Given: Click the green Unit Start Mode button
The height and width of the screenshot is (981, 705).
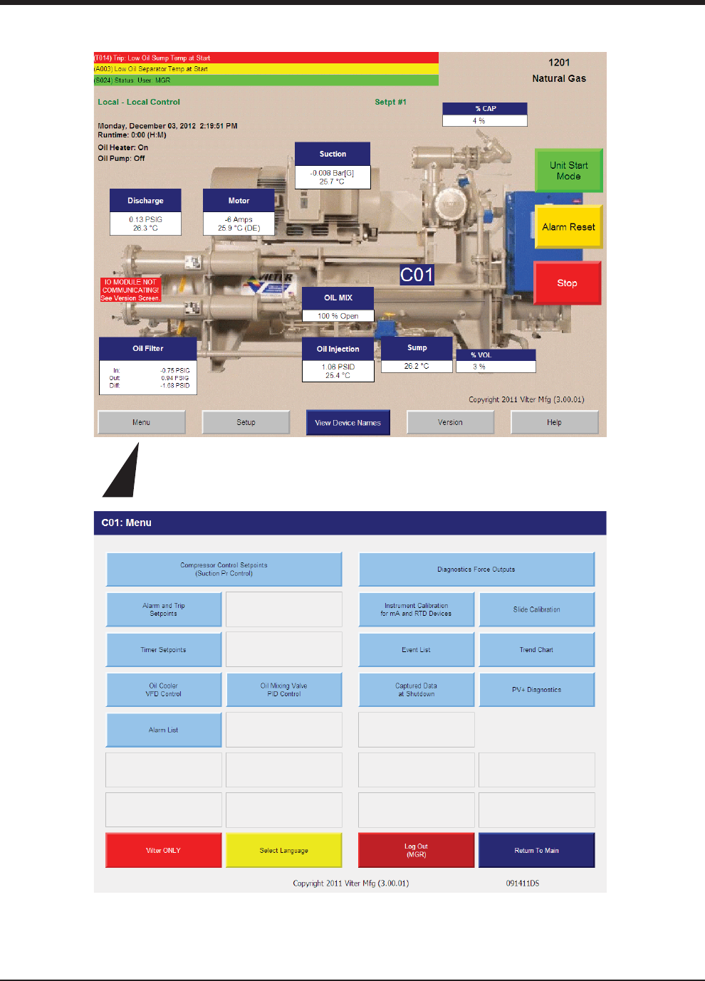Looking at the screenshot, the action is [x=568, y=171].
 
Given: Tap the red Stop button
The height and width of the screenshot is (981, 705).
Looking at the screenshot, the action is [x=567, y=283].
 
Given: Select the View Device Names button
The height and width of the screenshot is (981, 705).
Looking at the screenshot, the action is [x=348, y=423].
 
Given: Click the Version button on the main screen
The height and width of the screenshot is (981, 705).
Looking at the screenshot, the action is [x=450, y=423].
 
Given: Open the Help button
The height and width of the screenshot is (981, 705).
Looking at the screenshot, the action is [x=554, y=423].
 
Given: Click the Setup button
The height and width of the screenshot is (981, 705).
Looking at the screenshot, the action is [x=246, y=423].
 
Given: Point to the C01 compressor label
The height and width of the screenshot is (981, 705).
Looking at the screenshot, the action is [x=417, y=276].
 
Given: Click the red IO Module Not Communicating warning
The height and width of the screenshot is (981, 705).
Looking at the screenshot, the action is [x=130, y=290].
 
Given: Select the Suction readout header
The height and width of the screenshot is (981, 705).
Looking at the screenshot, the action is [x=333, y=154].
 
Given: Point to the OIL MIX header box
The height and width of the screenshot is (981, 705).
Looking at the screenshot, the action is [x=338, y=298].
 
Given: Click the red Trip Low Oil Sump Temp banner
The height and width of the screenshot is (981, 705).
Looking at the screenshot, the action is [x=266, y=58].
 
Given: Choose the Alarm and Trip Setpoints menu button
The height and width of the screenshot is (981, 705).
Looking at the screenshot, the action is [x=164, y=609].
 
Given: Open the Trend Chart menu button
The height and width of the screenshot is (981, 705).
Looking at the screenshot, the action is [x=536, y=650].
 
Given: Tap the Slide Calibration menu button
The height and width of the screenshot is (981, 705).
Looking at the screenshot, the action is [x=536, y=609].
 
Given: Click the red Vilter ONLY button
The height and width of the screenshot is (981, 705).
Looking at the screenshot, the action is [x=164, y=850].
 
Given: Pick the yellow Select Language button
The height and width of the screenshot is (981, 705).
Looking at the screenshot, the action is [x=283, y=850].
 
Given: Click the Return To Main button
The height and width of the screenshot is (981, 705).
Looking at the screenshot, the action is [x=536, y=850].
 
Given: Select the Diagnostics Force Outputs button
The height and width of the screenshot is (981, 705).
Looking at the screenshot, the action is [x=476, y=570].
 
